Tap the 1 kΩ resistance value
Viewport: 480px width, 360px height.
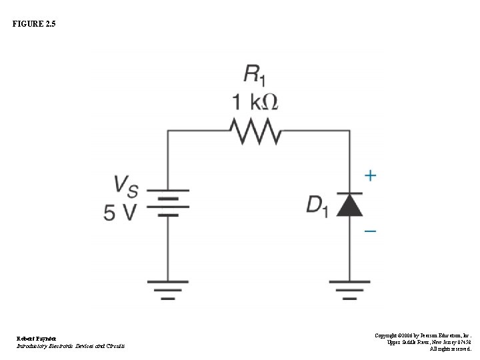pyautogui.click(x=255, y=102)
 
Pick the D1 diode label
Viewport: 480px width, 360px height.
pyautogui.click(x=317, y=205)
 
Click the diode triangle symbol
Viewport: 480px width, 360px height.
pyautogui.click(x=349, y=205)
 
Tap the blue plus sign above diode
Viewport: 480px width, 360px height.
pyautogui.click(x=370, y=176)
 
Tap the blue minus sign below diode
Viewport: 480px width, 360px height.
pyautogui.click(x=370, y=231)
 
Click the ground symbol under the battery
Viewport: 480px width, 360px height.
pyautogui.click(x=167, y=287)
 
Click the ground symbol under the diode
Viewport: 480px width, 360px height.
pyautogui.click(x=349, y=287)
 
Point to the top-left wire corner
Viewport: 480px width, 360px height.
pyautogui.click(x=167, y=131)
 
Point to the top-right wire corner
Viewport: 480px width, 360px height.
pyautogui.click(x=349, y=131)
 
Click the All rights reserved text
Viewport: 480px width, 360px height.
pyautogui.click(x=450, y=348)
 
